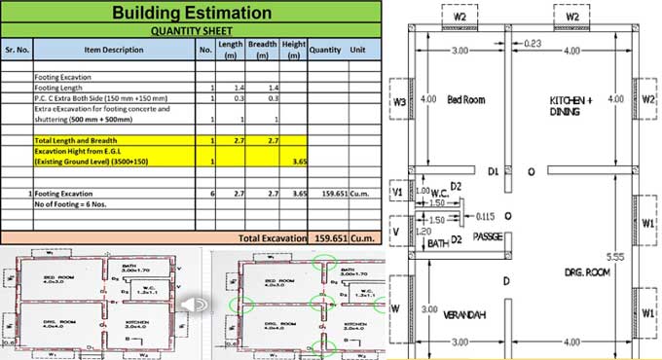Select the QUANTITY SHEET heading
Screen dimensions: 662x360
tap(191, 30)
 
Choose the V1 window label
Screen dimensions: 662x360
tap(395, 193)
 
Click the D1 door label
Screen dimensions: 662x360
tap(494, 172)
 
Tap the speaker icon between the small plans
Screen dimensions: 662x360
tap(193, 305)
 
